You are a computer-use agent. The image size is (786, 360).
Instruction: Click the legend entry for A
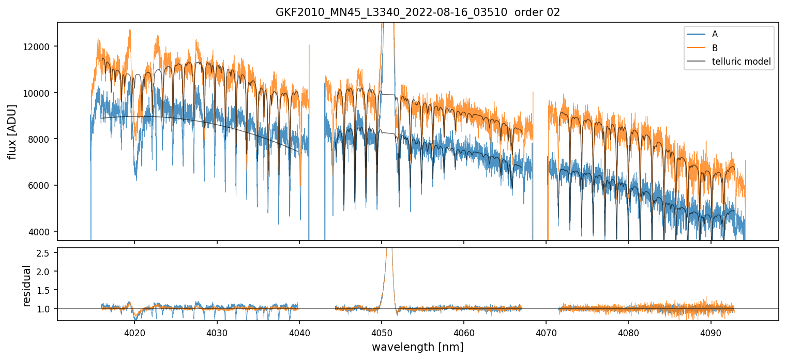point(715,34)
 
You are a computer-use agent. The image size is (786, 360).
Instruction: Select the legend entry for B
point(715,48)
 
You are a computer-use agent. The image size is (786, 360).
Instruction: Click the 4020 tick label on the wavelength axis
point(134,331)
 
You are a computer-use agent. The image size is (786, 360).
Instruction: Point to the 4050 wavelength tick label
point(381,331)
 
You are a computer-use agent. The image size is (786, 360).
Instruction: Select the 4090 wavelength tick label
point(711,331)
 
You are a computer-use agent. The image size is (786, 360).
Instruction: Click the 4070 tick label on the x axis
point(546,331)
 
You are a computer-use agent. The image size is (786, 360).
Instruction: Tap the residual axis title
point(27,285)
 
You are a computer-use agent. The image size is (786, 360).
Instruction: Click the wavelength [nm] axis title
point(417,347)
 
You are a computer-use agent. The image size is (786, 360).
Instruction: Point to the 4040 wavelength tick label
point(299,331)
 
